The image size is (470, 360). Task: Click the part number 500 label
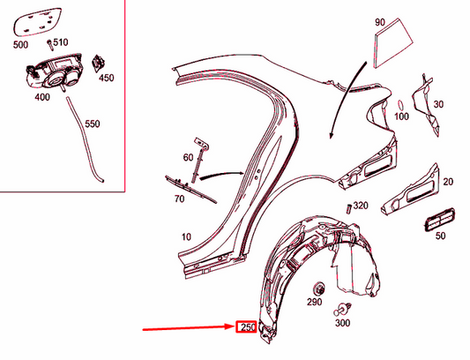(19, 42)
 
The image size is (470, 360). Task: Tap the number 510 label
(61, 42)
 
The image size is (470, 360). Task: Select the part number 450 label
(106, 78)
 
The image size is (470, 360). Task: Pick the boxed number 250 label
(248, 327)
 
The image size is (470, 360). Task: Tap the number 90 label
(380, 21)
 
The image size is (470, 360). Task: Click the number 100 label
(402, 116)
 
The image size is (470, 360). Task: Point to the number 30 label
(438, 104)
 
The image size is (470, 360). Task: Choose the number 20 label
(448, 182)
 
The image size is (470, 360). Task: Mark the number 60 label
(188, 158)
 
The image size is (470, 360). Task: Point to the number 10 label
(186, 236)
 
